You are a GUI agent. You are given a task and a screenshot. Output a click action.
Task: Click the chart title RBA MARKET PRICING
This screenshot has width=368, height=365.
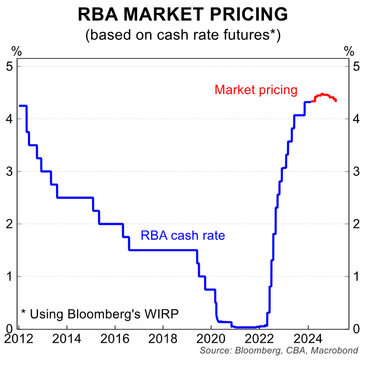183,14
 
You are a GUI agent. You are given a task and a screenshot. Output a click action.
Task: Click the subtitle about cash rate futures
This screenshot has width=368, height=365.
183,35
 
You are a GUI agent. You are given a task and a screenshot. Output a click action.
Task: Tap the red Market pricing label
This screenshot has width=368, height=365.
256,90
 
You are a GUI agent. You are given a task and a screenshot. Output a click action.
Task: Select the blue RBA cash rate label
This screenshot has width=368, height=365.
183,236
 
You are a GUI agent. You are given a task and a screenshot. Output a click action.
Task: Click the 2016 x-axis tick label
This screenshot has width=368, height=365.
115,339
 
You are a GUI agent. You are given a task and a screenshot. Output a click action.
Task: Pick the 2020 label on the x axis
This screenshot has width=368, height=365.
212,339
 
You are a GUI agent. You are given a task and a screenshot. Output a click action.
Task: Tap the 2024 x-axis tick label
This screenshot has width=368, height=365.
308,339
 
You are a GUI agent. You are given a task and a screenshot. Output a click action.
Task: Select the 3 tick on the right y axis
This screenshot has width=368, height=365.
356,171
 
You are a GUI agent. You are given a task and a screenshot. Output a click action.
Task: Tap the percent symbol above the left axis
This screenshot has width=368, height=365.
17,51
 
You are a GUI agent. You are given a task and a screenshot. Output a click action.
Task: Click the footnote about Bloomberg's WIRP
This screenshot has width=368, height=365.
99,313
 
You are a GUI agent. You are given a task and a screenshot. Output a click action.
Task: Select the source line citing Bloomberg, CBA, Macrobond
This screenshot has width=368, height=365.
278,351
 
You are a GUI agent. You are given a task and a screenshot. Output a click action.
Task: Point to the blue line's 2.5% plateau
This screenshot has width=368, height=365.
75,197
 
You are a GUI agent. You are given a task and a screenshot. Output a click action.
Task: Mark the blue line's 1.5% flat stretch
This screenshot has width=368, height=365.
163,250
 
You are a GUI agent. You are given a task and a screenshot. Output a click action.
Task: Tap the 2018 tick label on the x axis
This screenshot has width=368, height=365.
164,339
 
